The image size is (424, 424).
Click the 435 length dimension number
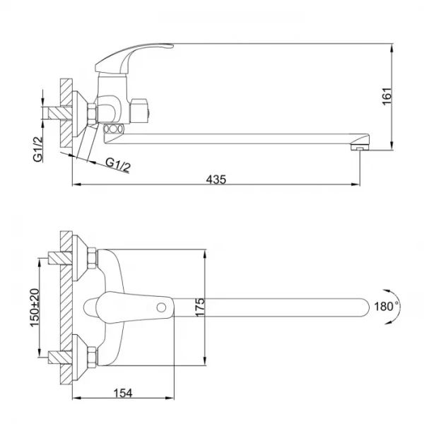click(216, 179)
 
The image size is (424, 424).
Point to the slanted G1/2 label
click(118, 165)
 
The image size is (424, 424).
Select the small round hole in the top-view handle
click(163, 307)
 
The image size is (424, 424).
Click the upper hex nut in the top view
click(91, 258)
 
